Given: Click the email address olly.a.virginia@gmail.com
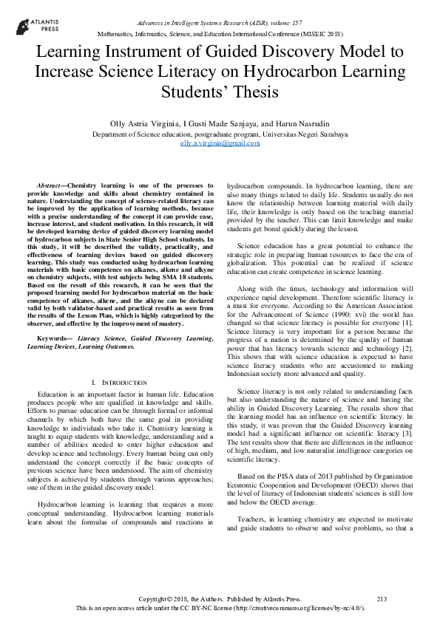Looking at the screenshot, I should (x=220, y=143).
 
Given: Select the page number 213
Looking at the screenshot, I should (x=382, y=598).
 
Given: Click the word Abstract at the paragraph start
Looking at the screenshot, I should (x=50, y=184).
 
